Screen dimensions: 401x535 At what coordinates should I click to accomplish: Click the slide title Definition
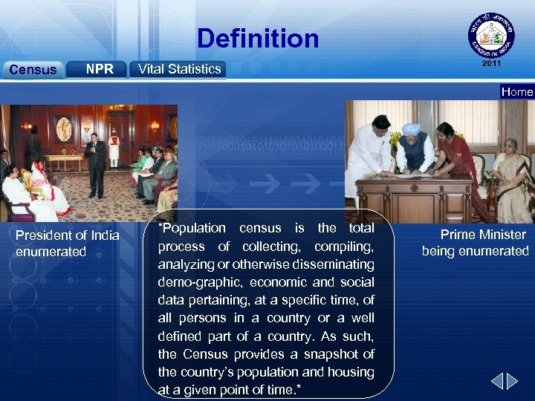pos(258,39)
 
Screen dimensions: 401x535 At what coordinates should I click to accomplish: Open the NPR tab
pos(98,69)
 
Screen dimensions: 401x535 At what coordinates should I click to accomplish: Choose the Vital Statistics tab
pos(178,69)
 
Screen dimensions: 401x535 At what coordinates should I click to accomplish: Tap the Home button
pos(517,92)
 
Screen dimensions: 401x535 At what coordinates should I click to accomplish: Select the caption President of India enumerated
pos(68,244)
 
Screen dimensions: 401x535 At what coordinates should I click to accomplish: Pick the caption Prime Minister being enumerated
pos(476,243)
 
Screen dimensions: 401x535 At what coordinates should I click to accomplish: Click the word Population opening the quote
pos(192,229)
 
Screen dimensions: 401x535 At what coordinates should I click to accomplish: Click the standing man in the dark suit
pos(95,160)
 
